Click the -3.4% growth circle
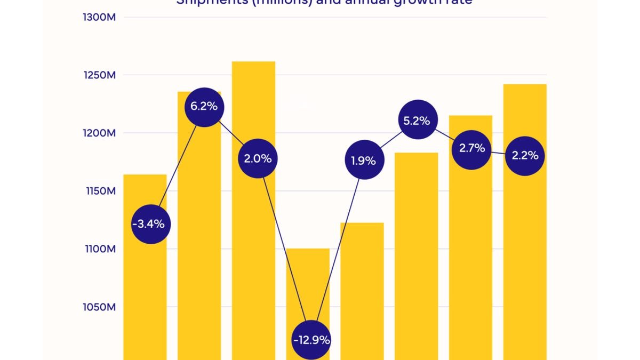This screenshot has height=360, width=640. click(x=151, y=224)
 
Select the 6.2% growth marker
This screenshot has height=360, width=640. click(x=204, y=106)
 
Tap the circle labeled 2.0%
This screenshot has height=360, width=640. click(x=258, y=158)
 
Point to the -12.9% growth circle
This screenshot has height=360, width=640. click(x=311, y=340)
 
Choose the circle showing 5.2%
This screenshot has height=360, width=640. click(x=417, y=121)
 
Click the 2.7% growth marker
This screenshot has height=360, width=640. click(x=472, y=148)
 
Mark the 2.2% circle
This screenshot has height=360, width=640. click(x=525, y=156)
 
